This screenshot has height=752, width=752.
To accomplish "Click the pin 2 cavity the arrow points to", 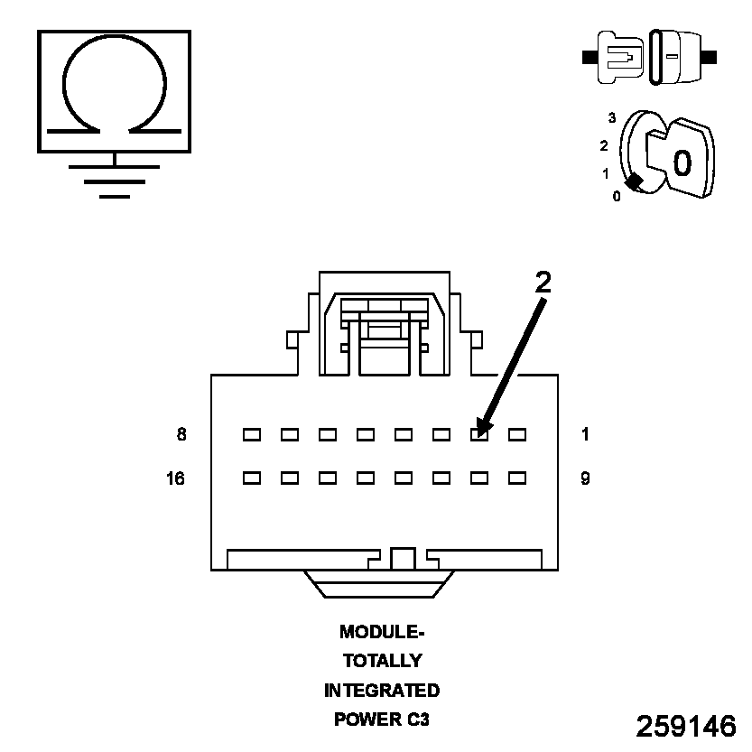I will pos(479,434).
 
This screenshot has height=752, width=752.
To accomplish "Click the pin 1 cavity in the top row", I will pos(517,434).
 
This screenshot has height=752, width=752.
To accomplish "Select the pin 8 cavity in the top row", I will pos(252,434).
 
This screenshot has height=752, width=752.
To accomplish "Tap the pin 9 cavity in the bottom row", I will pos(517,477).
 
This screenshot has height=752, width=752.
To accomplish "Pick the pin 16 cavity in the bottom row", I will pos(252,477).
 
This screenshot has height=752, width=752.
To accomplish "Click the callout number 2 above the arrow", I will pos(543,283).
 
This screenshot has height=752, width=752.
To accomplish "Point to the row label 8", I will pos(181,434).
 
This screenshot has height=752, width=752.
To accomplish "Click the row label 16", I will pos(176,478).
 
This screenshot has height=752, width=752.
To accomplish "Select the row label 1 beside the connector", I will pos(585,434).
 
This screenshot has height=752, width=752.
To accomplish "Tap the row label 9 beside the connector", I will pos(585,478).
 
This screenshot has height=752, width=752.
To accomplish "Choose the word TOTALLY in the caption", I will pos(382,661).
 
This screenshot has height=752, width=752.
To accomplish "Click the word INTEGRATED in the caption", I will pos(382,691).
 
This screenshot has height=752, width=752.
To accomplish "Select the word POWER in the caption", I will pos(364,720).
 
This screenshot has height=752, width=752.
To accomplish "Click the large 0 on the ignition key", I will pos(682,162).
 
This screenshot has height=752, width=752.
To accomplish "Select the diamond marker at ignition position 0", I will pos(635,181).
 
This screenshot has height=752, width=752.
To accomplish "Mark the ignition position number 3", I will pos(612,118).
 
